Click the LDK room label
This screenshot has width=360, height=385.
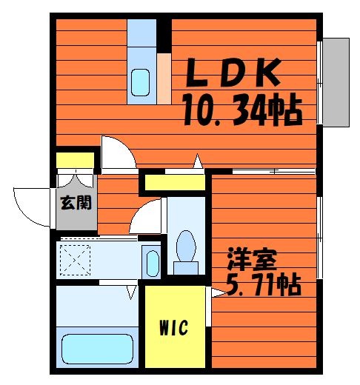233,73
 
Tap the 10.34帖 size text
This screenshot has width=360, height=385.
243,110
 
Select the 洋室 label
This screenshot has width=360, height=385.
252,259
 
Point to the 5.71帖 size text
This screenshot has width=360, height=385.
264,285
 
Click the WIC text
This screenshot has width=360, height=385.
174,328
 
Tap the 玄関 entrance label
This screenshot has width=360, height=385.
76,203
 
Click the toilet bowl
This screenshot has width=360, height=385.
186,246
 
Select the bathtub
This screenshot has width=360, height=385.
97,349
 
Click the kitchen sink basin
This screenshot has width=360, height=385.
140,82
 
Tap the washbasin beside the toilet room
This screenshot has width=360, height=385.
153,264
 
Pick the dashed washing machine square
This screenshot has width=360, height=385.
75,260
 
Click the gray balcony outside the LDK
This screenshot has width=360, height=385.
336,82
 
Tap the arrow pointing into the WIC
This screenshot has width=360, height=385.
219,293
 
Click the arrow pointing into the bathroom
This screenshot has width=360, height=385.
131,292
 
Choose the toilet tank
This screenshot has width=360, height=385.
186,268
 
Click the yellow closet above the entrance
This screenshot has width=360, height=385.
75,161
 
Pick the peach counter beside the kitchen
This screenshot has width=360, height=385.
164,78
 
